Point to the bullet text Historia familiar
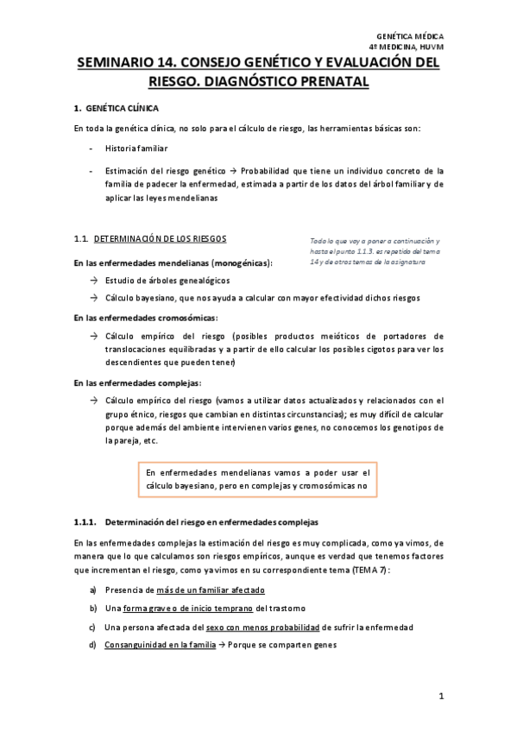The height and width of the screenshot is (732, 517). point(136,148)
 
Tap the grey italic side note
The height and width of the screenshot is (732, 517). point(373,250)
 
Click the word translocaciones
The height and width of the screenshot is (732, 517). point(144,350)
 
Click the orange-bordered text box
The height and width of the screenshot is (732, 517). point(257,479)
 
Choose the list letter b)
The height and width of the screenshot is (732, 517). point(93,608)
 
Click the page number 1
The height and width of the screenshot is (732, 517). point(439,697)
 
